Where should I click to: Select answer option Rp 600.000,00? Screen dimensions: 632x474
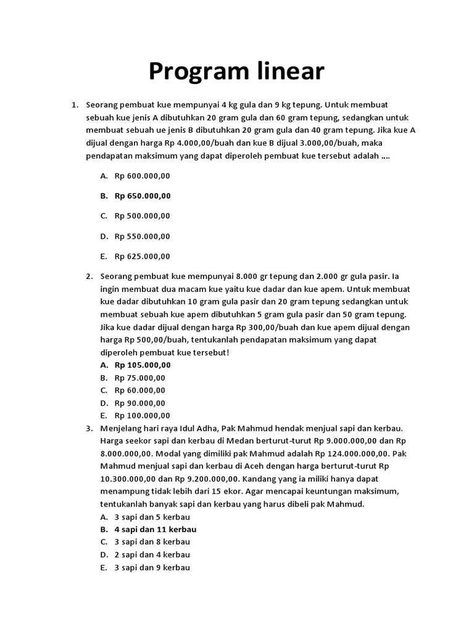point(142,176)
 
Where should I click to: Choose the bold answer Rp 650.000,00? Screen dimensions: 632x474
point(142,196)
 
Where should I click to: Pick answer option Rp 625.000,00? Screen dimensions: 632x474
point(142,256)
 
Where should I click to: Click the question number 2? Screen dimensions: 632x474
point(89,276)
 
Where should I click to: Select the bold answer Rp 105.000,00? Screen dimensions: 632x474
point(142,365)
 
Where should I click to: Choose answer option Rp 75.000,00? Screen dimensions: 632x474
point(139,378)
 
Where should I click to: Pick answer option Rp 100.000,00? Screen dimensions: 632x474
point(142,415)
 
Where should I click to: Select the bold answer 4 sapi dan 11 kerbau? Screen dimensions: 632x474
point(156,530)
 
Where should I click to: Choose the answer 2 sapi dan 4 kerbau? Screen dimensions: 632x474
point(152,555)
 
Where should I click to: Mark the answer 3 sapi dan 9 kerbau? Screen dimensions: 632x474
point(152,567)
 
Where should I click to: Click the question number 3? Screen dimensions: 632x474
point(89,428)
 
